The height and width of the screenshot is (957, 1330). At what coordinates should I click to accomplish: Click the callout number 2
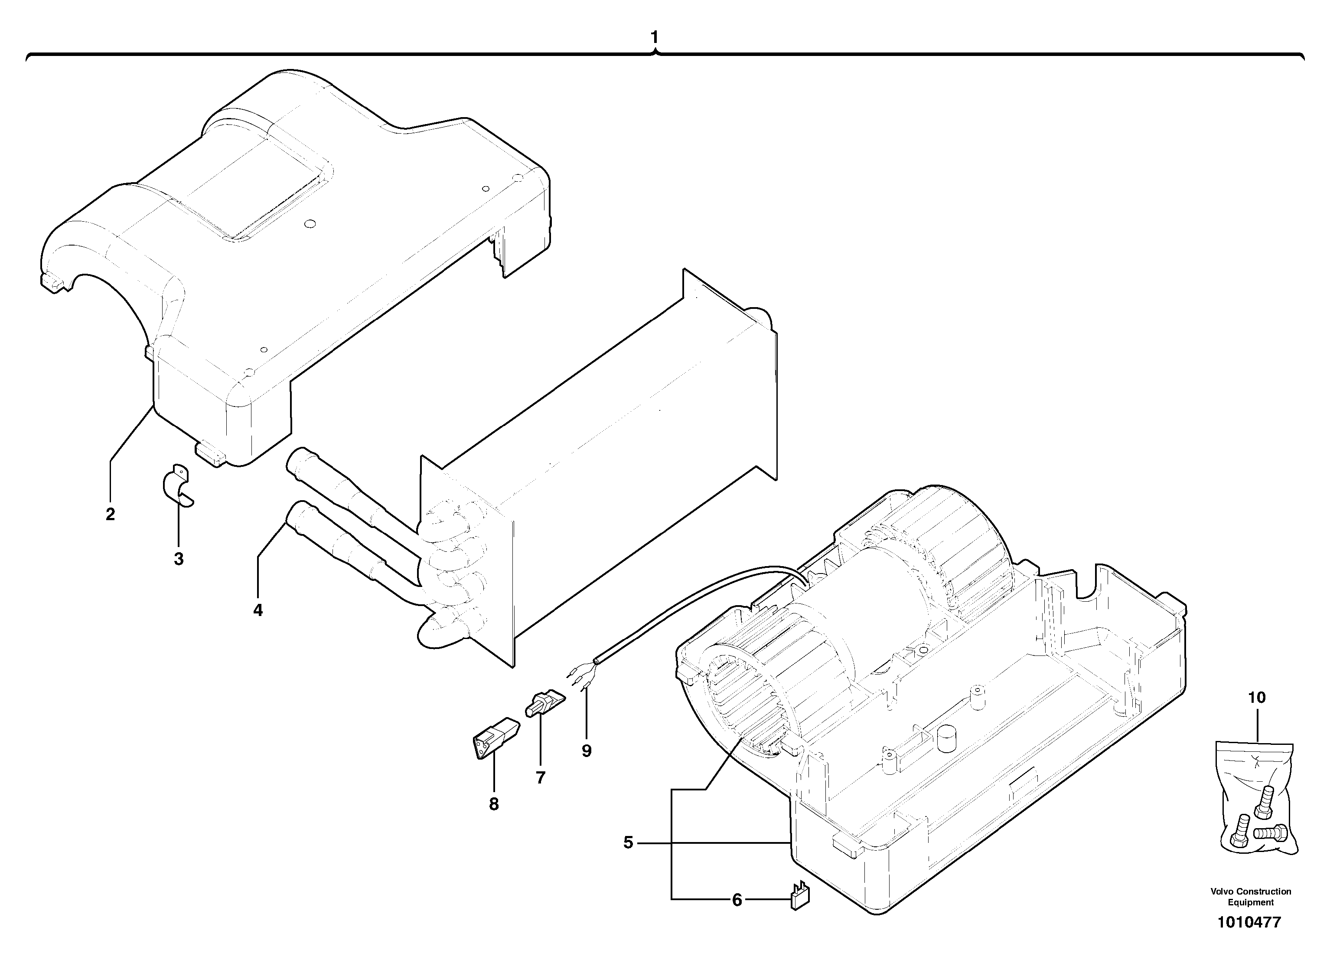tap(110, 514)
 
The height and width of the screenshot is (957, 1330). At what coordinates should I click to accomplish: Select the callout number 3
tap(179, 559)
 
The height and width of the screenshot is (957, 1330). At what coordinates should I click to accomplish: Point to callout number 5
tap(628, 843)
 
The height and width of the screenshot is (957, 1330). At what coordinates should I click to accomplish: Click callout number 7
tap(540, 777)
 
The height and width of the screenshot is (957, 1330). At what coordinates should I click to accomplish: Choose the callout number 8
tap(494, 804)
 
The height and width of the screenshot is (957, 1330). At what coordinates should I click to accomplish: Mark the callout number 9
tap(587, 751)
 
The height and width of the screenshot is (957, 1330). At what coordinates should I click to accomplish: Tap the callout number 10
tap(1257, 698)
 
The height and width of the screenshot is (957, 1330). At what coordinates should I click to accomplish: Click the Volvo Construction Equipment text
tap(1251, 897)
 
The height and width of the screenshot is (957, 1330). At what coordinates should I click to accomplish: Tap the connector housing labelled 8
tap(495, 739)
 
